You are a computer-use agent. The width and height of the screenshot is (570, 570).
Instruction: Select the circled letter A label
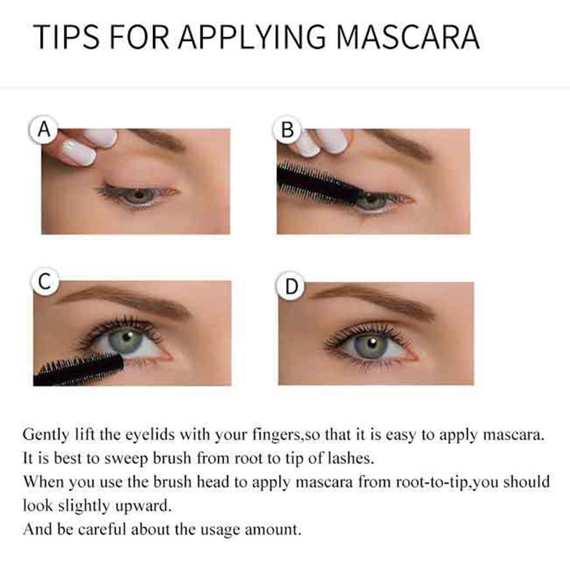(x=43, y=130)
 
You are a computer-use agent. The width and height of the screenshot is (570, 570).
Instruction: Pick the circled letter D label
(x=291, y=287)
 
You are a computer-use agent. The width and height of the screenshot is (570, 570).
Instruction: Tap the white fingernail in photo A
(x=78, y=151)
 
